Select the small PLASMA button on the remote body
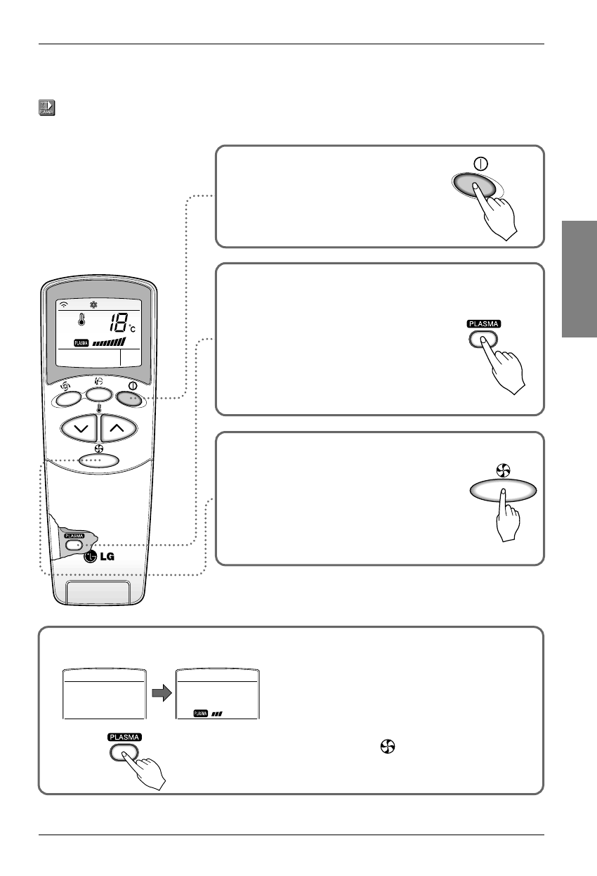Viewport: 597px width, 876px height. [x=73, y=544]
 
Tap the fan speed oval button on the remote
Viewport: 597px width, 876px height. [x=98, y=461]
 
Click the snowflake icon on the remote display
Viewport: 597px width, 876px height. [x=93, y=305]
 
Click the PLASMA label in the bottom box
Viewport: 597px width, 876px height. [x=124, y=737]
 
